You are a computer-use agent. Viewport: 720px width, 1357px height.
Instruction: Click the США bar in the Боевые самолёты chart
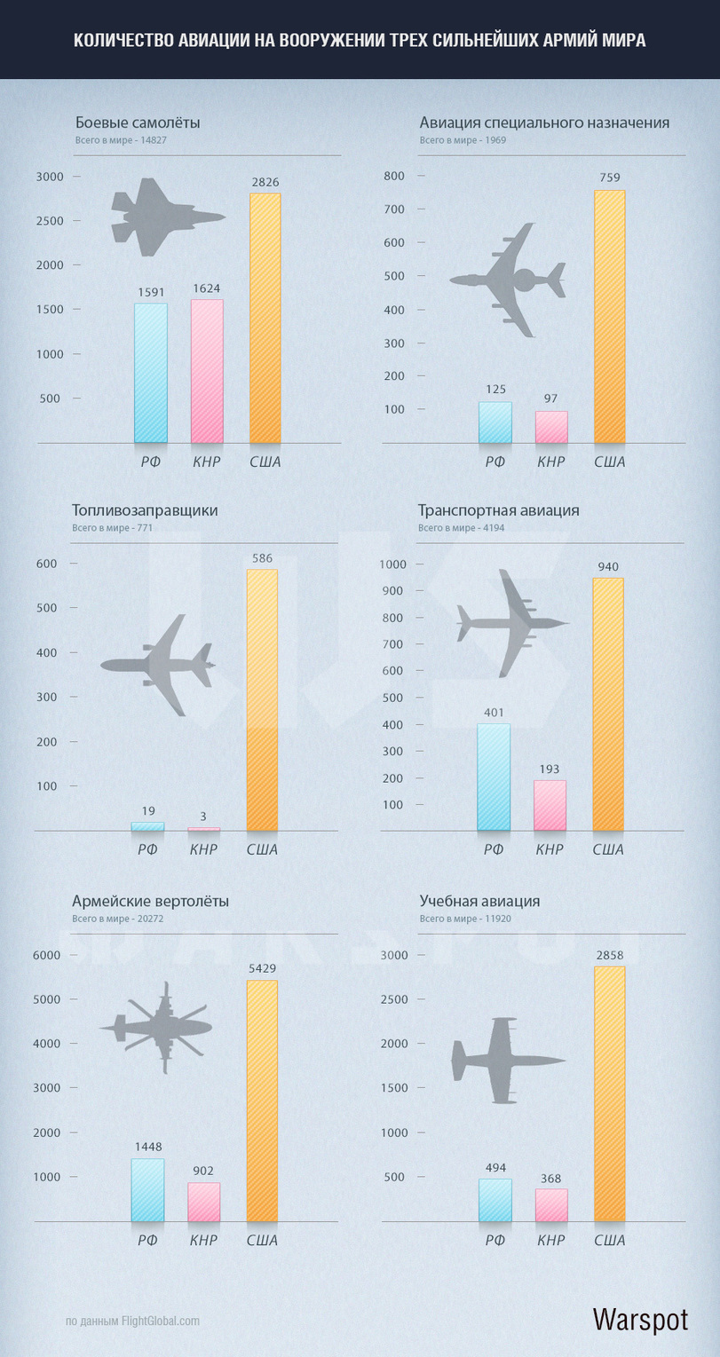point(265,318)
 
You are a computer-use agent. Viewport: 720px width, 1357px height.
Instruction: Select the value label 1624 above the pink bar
point(207,288)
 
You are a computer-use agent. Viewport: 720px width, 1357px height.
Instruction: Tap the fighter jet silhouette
point(167,217)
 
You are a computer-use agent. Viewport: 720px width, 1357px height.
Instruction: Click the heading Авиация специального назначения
point(544,122)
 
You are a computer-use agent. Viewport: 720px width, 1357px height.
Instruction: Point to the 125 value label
point(495,390)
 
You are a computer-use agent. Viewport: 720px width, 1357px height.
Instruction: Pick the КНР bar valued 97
point(551,427)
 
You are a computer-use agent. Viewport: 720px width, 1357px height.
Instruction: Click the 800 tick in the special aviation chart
point(394,176)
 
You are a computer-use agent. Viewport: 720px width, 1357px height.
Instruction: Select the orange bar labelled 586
point(262,700)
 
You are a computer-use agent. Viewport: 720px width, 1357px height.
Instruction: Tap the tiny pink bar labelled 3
point(204,828)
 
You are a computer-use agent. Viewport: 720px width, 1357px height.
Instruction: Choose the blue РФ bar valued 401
point(494,777)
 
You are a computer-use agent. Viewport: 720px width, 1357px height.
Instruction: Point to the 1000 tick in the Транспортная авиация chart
point(392,564)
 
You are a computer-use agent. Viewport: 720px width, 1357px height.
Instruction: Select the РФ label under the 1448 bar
point(147,1240)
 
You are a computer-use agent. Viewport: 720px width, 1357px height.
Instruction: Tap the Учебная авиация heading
point(479,902)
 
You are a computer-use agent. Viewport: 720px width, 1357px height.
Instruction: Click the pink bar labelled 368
point(551,1205)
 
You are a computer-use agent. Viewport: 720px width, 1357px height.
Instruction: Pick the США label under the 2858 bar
point(609,1240)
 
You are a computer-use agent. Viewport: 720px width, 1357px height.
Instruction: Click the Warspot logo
point(639,1319)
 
